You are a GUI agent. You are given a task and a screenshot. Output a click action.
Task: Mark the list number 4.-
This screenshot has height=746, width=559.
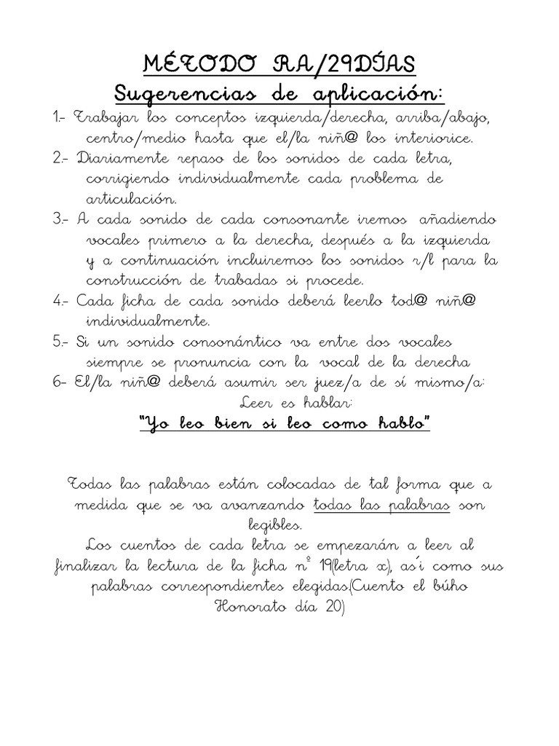click(61, 301)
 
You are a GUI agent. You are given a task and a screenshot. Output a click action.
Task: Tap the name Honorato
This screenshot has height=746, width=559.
click(248, 606)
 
